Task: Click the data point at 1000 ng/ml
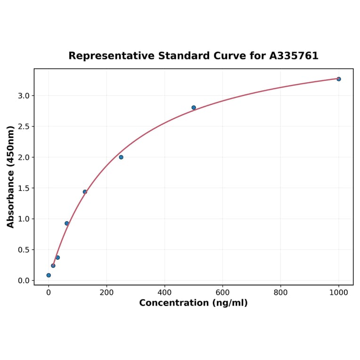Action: tap(339, 79)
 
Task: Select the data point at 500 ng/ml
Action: tap(194, 107)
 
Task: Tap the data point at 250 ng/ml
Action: tap(121, 157)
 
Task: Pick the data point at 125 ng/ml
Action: tap(85, 192)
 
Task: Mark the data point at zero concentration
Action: tap(49, 275)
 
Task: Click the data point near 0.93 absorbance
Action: tap(67, 223)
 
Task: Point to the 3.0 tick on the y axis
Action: tap(23, 96)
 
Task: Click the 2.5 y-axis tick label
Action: tap(23, 127)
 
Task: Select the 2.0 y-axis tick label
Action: tap(23, 157)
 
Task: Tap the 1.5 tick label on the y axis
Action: tap(23, 188)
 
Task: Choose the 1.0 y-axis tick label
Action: tap(23, 219)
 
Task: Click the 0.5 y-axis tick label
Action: tap(23, 250)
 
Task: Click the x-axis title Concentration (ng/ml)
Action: tap(193, 303)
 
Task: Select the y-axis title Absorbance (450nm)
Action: tap(11, 177)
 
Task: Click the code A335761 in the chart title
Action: tap(294, 56)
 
